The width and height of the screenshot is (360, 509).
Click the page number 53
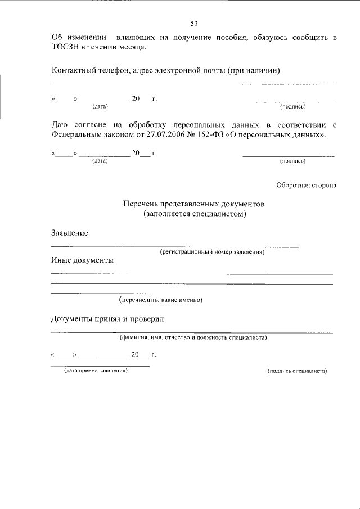tap(194, 24)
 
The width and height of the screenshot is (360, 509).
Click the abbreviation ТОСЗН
tap(66, 48)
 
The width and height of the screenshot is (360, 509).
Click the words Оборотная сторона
tap(306, 185)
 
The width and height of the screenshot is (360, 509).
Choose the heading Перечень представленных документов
tap(194, 204)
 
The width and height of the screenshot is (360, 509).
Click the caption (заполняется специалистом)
tap(194, 214)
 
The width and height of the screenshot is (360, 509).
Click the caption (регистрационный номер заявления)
tap(212, 252)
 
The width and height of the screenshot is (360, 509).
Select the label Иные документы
tap(82, 260)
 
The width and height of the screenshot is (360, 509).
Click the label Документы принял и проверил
tap(106, 319)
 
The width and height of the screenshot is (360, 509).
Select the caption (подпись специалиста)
tap(297, 371)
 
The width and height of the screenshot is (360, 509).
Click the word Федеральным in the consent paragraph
tap(77, 135)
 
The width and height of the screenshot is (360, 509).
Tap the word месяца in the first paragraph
tap(133, 48)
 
